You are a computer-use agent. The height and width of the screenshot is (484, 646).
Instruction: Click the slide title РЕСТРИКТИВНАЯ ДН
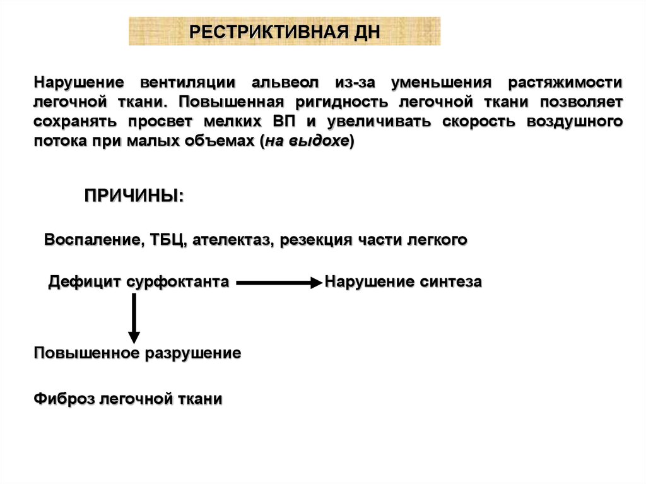click(x=285, y=32)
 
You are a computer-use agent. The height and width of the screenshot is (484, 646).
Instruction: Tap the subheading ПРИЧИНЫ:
click(x=134, y=194)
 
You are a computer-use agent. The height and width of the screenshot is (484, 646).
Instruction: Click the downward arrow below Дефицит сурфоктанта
click(x=134, y=318)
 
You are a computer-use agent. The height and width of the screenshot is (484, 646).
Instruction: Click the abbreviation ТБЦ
click(x=167, y=240)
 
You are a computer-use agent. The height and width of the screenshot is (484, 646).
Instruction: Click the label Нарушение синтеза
click(x=404, y=282)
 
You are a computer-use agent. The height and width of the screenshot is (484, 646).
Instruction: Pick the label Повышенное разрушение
click(x=138, y=353)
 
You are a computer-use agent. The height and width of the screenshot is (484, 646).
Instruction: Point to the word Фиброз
click(x=65, y=399)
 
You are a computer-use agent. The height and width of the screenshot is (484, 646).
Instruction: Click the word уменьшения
click(x=441, y=83)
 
